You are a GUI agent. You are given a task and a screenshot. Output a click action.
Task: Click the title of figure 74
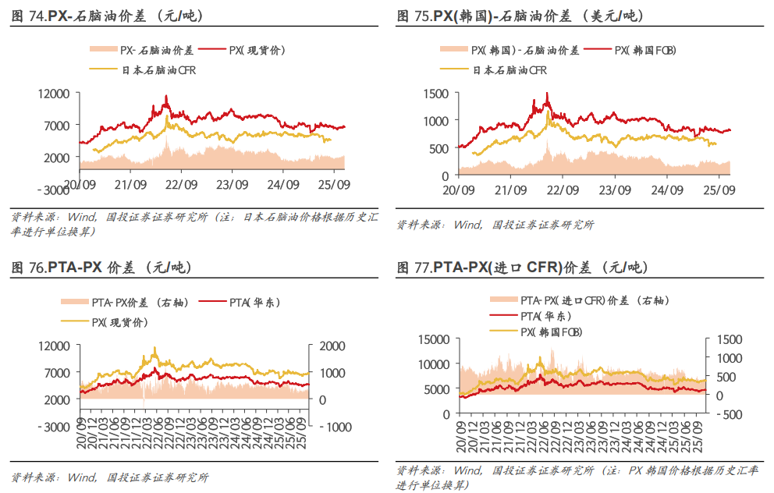tap(101, 16)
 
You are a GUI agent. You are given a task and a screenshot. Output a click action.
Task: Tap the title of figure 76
tap(101, 268)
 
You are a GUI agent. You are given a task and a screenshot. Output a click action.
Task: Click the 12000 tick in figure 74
tap(55, 94)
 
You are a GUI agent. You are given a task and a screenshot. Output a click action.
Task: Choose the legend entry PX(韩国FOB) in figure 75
tap(644, 50)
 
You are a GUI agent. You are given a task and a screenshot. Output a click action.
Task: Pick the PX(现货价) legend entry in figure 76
tap(116, 321)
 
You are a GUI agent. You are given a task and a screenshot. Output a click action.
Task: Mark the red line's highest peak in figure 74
tap(165, 96)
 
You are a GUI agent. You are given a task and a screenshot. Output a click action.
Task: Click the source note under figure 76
tap(110, 477)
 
